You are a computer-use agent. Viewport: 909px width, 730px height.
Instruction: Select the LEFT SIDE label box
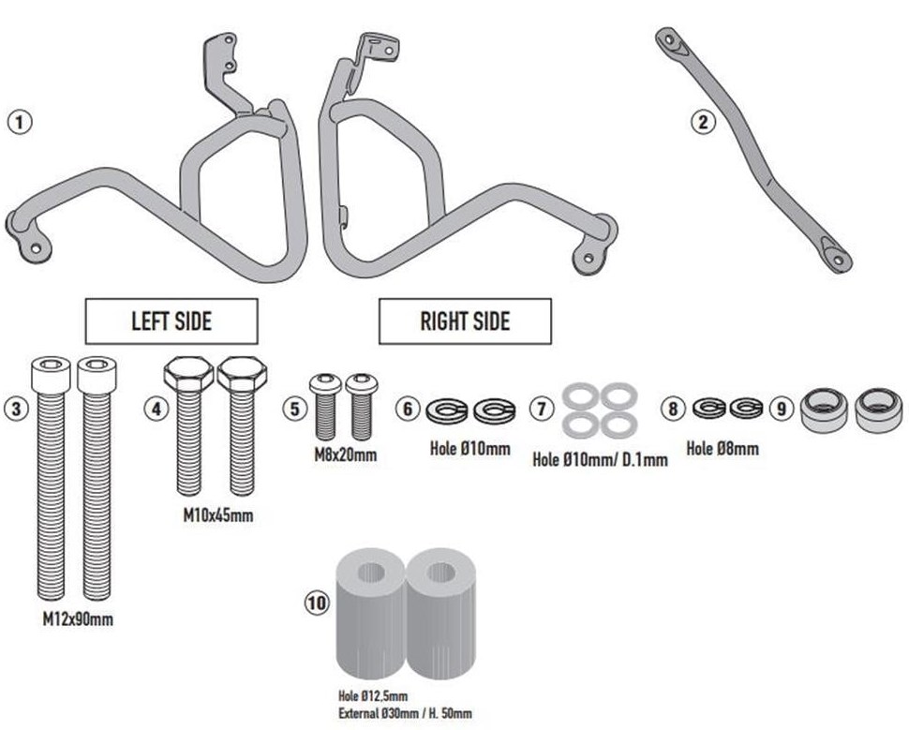coord(171,321)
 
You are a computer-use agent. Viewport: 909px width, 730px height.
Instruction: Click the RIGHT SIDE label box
coord(465,321)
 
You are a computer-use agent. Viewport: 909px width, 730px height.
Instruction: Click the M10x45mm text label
coord(217,515)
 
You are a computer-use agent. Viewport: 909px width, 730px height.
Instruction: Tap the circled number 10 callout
coord(318,603)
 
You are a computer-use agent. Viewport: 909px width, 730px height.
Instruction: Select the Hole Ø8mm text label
coord(723,449)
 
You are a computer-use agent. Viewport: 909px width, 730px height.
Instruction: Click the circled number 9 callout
coord(781,409)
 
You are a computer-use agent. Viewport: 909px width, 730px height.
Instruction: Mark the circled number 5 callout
coord(293,409)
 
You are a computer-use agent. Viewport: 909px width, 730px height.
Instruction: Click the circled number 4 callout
coord(156,409)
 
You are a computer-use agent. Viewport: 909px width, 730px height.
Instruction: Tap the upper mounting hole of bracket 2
coord(669,39)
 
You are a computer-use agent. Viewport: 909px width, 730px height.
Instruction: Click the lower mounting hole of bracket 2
coord(837,258)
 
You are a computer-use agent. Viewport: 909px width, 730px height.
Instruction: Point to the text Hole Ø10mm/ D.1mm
coord(600,459)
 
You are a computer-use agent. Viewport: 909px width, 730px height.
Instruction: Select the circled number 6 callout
coord(407,409)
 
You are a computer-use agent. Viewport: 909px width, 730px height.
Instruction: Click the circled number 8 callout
coord(672,409)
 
